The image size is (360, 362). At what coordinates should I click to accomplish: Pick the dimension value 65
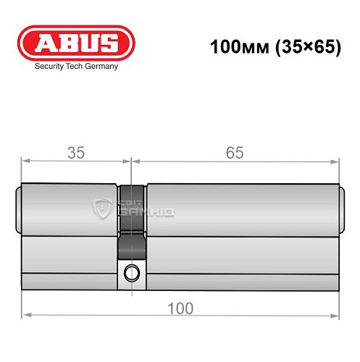pos(233,153)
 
